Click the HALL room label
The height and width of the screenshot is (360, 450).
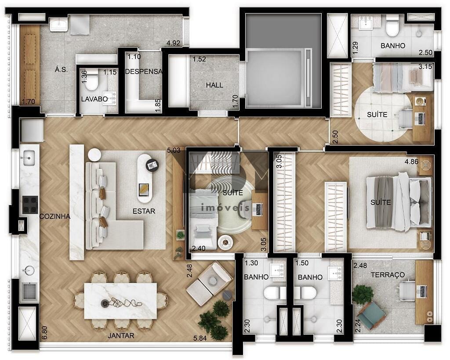coord(214,85)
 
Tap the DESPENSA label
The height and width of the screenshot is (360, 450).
coord(144,72)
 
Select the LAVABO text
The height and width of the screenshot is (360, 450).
coord(94,99)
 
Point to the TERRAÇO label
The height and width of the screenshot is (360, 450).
coord(388,275)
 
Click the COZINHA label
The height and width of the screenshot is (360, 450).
coord(54,216)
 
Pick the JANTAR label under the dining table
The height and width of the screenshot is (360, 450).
coord(121,335)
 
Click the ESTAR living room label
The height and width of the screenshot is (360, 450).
coord(144,211)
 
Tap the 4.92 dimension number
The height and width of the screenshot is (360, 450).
coord(173,43)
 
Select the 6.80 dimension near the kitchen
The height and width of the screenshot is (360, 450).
coord(44,333)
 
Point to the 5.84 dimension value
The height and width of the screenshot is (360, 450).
coord(200,338)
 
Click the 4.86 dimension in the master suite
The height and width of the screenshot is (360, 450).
coord(411,162)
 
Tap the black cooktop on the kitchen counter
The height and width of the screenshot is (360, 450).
coord(30,204)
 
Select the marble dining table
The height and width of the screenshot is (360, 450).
coord(120,301)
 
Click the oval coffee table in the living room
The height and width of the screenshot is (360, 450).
coord(145,178)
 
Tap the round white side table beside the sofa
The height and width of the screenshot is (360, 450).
coord(94,155)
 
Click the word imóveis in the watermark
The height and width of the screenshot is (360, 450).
coord(225,207)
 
